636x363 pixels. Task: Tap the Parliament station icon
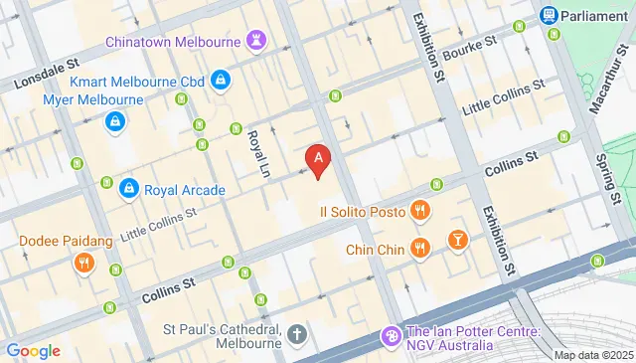coord(549,15)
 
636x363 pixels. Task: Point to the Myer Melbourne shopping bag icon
coord(116,122)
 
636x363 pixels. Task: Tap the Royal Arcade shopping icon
coord(128,189)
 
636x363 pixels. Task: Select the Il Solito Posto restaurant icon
coord(420,211)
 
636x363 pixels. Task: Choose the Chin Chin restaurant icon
coord(420,249)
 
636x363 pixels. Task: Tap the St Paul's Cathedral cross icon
coord(297,333)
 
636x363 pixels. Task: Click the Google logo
coord(33,350)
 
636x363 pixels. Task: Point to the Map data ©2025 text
coord(593,355)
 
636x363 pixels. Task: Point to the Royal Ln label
coord(258,154)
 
